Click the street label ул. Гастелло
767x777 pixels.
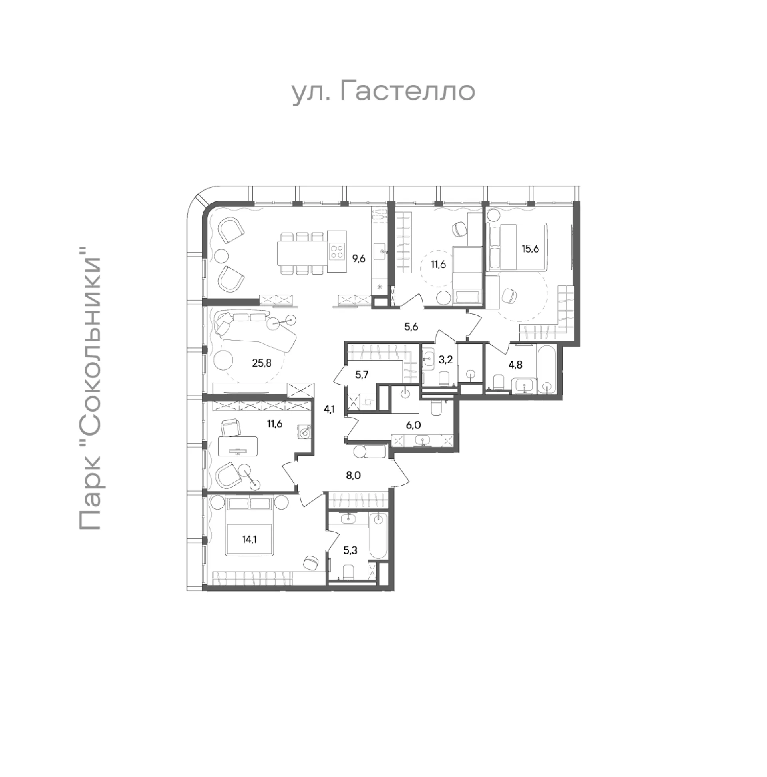383,92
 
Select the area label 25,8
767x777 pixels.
262,363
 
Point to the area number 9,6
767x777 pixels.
359,259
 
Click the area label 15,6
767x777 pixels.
530,249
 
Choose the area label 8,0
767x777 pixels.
353,476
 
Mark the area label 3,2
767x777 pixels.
445,359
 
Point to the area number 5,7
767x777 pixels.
362,375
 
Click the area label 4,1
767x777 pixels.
329,409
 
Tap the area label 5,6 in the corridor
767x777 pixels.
411,327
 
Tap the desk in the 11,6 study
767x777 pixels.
238,446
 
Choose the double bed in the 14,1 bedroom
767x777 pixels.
250,525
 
